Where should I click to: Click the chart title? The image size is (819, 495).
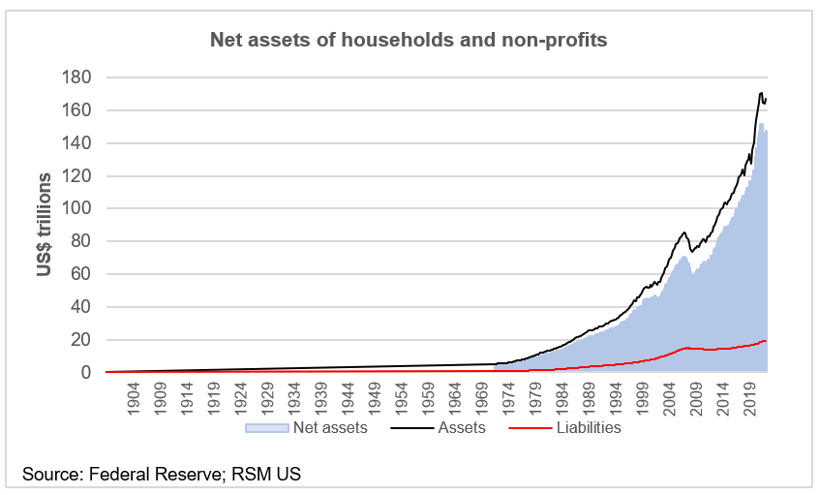[x=409, y=40]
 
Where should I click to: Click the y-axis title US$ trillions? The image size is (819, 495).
[x=45, y=225]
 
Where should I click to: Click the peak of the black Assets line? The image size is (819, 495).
[x=761, y=93]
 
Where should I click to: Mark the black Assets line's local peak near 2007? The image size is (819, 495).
[x=684, y=232]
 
